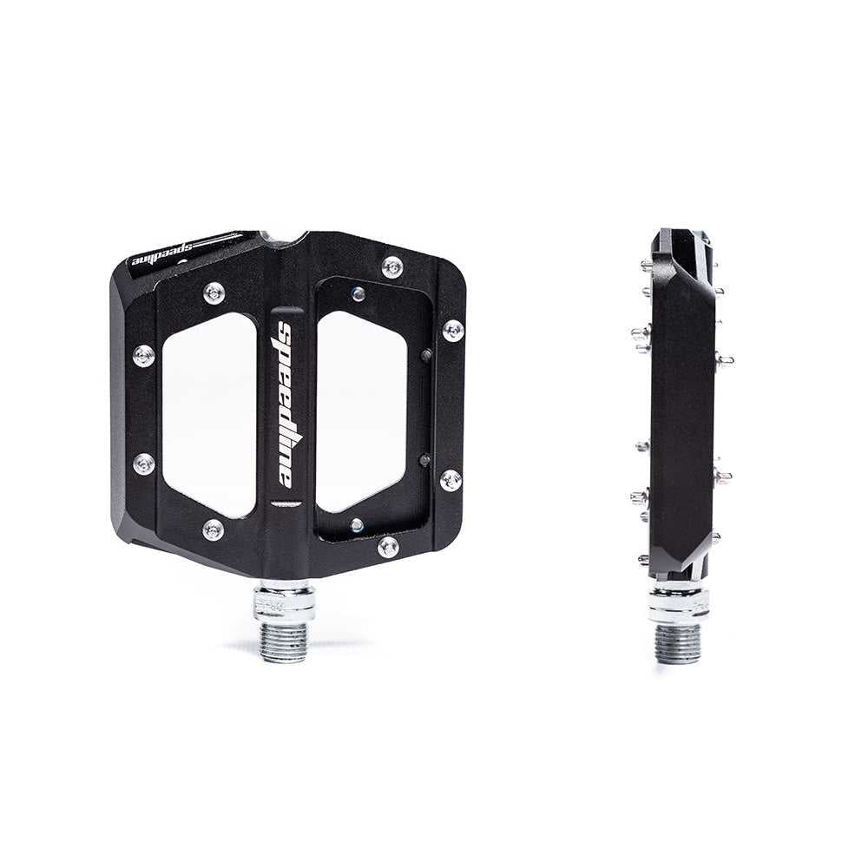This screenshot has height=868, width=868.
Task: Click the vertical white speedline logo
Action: click(x=285, y=404)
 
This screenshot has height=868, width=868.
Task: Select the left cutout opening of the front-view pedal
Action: click(x=209, y=413)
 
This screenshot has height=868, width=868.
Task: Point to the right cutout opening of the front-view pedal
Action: click(x=361, y=411)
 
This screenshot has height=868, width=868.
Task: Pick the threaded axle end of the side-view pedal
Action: click(x=678, y=643)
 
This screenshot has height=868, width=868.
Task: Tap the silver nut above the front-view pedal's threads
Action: click(x=284, y=602)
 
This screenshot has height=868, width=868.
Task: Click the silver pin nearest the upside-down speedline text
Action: click(x=214, y=293)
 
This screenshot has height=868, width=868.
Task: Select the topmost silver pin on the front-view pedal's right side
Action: click(x=392, y=267)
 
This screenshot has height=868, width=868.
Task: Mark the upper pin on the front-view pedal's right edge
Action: click(x=453, y=330)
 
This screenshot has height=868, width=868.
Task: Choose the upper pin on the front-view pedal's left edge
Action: click(x=143, y=355)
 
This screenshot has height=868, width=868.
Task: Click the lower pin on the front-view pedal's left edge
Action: click(x=144, y=464)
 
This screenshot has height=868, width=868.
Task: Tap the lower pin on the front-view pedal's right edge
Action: click(x=450, y=479)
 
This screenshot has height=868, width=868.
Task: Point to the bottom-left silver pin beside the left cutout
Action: click(x=213, y=529)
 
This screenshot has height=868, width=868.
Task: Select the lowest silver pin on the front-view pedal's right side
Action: click(x=388, y=547)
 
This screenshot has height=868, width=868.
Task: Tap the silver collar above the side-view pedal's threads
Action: click(x=678, y=602)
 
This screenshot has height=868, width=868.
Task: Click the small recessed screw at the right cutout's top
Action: click(x=358, y=293)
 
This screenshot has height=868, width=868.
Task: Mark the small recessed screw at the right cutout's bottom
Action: click(x=356, y=525)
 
